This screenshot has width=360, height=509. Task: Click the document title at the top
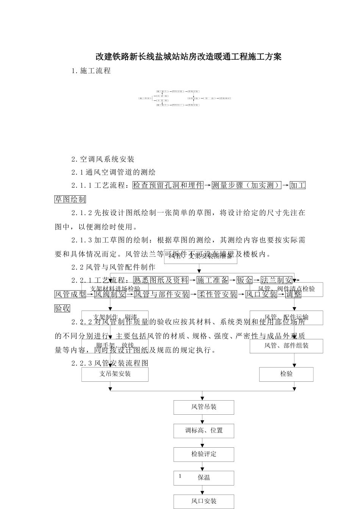click(x=188, y=57)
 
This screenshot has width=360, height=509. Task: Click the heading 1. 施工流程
click(x=91, y=70)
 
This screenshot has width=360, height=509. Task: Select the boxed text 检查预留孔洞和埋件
click(x=168, y=185)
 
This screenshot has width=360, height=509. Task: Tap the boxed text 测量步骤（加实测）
click(x=246, y=185)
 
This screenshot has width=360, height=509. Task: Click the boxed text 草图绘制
click(x=70, y=199)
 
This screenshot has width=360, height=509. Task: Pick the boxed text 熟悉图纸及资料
click(x=161, y=280)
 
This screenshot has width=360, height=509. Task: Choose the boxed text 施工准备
click(x=213, y=280)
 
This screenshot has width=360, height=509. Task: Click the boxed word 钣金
click(x=244, y=280)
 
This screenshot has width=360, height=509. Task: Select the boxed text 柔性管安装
click(x=218, y=294)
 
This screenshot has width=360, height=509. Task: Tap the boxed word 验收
click(x=63, y=308)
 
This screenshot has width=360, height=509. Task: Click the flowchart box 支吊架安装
click(x=115, y=374)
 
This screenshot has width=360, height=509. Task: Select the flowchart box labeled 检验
click(x=286, y=374)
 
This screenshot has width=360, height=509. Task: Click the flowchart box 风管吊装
click(x=204, y=407)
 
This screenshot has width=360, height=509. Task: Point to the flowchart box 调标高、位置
click(x=204, y=431)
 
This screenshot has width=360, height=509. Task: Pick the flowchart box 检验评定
click(x=204, y=454)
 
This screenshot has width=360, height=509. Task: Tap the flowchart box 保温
click(x=204, y=478)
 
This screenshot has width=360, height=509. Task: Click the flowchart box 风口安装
click(x=204, y=501)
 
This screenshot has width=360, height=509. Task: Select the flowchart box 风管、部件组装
click(x=286, y=346)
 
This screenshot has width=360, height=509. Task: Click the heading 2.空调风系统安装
click(x=103, y=159)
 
